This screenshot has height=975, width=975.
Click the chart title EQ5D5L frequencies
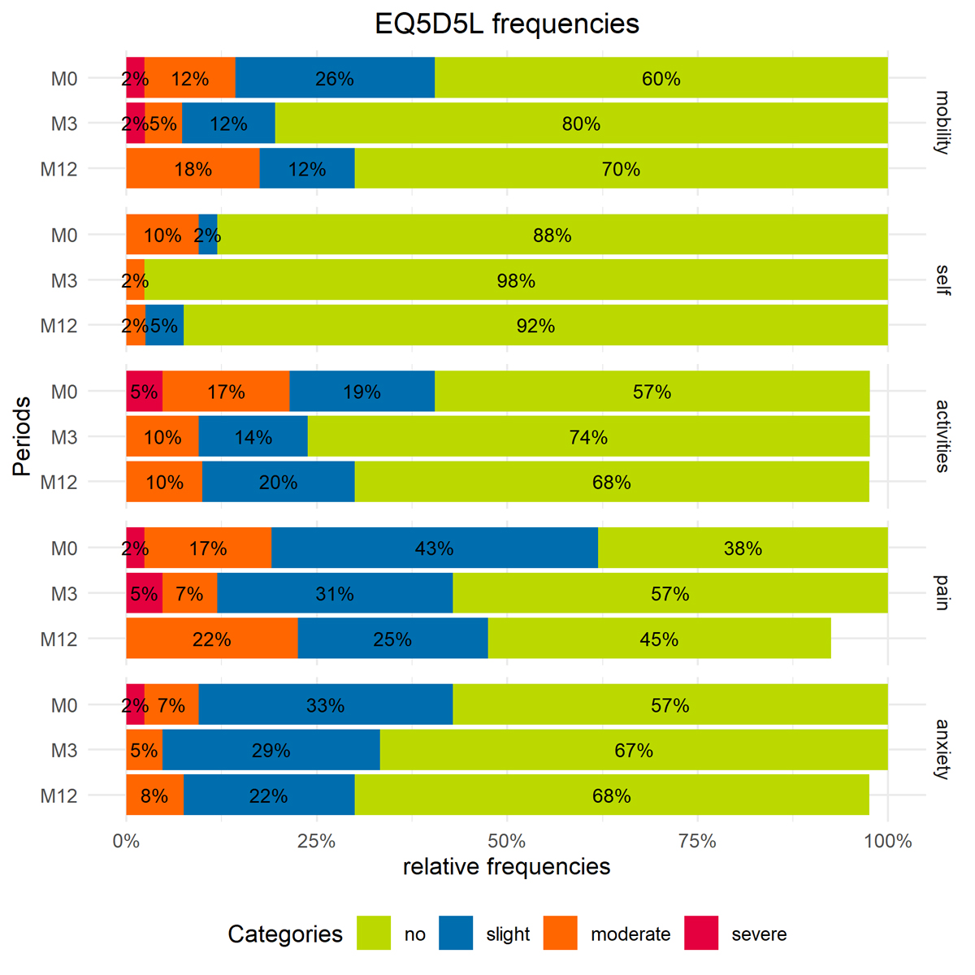point(507,24)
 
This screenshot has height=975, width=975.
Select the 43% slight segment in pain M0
point(434,548)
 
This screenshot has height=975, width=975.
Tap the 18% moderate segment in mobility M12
point(193,169)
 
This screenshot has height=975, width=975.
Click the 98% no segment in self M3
point(516,280)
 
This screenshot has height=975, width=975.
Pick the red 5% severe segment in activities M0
point(144,392)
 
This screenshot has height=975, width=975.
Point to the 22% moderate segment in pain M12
point(211,639)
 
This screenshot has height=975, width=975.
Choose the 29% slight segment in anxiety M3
point(271,750)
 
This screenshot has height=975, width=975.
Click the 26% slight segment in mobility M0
point(335,79)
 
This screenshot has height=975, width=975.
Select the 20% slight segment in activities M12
point(278,482)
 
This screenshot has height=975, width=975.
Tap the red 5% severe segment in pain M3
point(144,593)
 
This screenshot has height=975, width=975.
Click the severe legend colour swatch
point(701,933)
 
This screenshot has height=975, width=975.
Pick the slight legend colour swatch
point(456,933)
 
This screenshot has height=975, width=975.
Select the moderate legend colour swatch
point(561,933)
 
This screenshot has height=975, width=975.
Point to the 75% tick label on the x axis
point(697,842)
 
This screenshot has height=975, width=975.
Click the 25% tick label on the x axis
point(316,842)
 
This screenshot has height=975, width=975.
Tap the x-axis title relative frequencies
point(506,867)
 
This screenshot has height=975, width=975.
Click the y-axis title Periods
point(23,436)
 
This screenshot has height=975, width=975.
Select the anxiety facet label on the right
point(942,749)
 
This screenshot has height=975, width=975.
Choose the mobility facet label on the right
point(942,123)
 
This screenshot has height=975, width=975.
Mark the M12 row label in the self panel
point(59,326)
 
